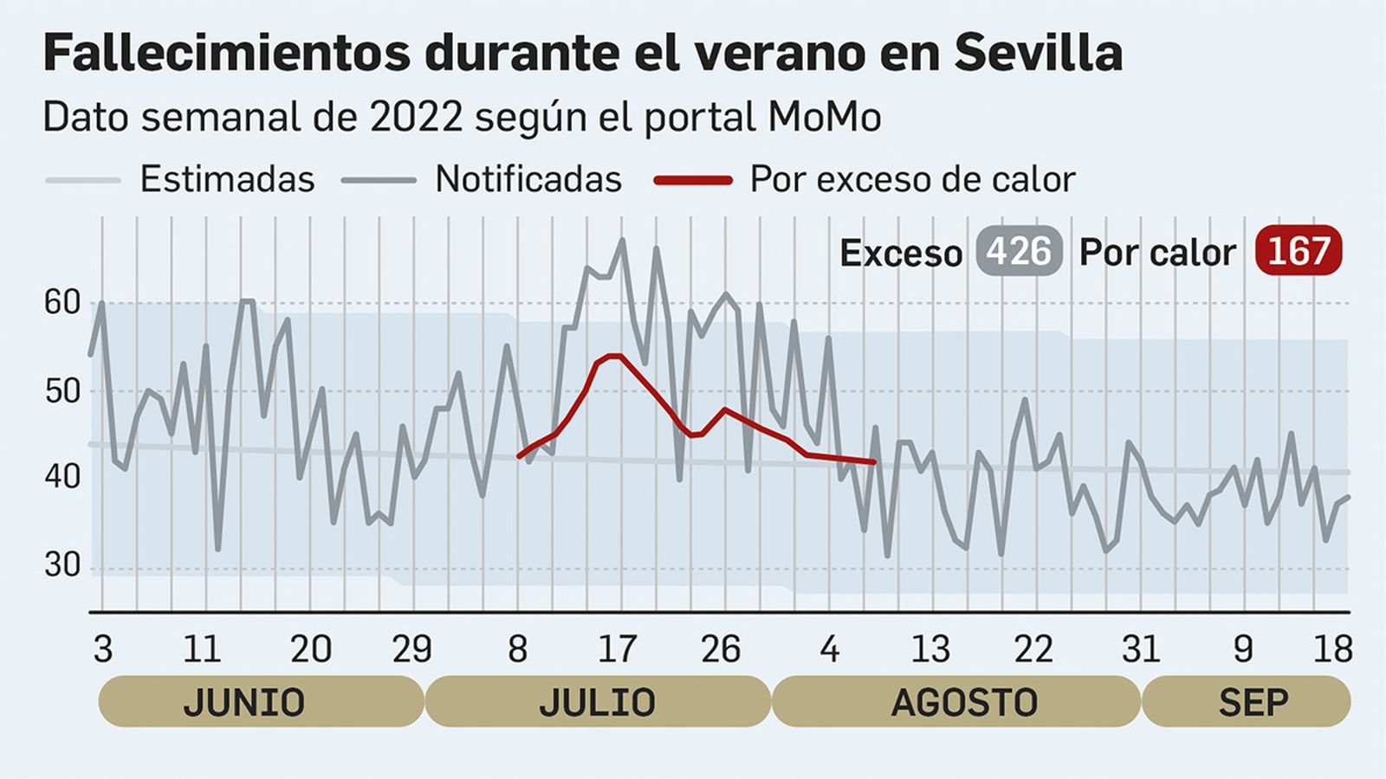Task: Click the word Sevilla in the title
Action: [1038, 53]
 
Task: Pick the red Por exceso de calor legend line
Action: [693, 180]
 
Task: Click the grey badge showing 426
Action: [1019, 252]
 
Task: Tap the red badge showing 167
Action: [1298, 251]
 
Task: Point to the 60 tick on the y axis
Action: [62, 303]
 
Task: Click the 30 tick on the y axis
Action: [62, 565]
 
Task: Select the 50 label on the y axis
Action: [62, 391]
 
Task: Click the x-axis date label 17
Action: [617, 649]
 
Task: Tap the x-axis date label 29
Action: [411, 649]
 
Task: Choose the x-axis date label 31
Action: [1140, 649]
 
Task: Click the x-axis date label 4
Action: [829, 649]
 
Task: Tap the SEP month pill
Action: [1246, 702]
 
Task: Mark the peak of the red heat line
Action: [615, 356]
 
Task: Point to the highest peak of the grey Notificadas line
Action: [622, 241]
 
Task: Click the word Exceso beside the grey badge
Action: [901, 254]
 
